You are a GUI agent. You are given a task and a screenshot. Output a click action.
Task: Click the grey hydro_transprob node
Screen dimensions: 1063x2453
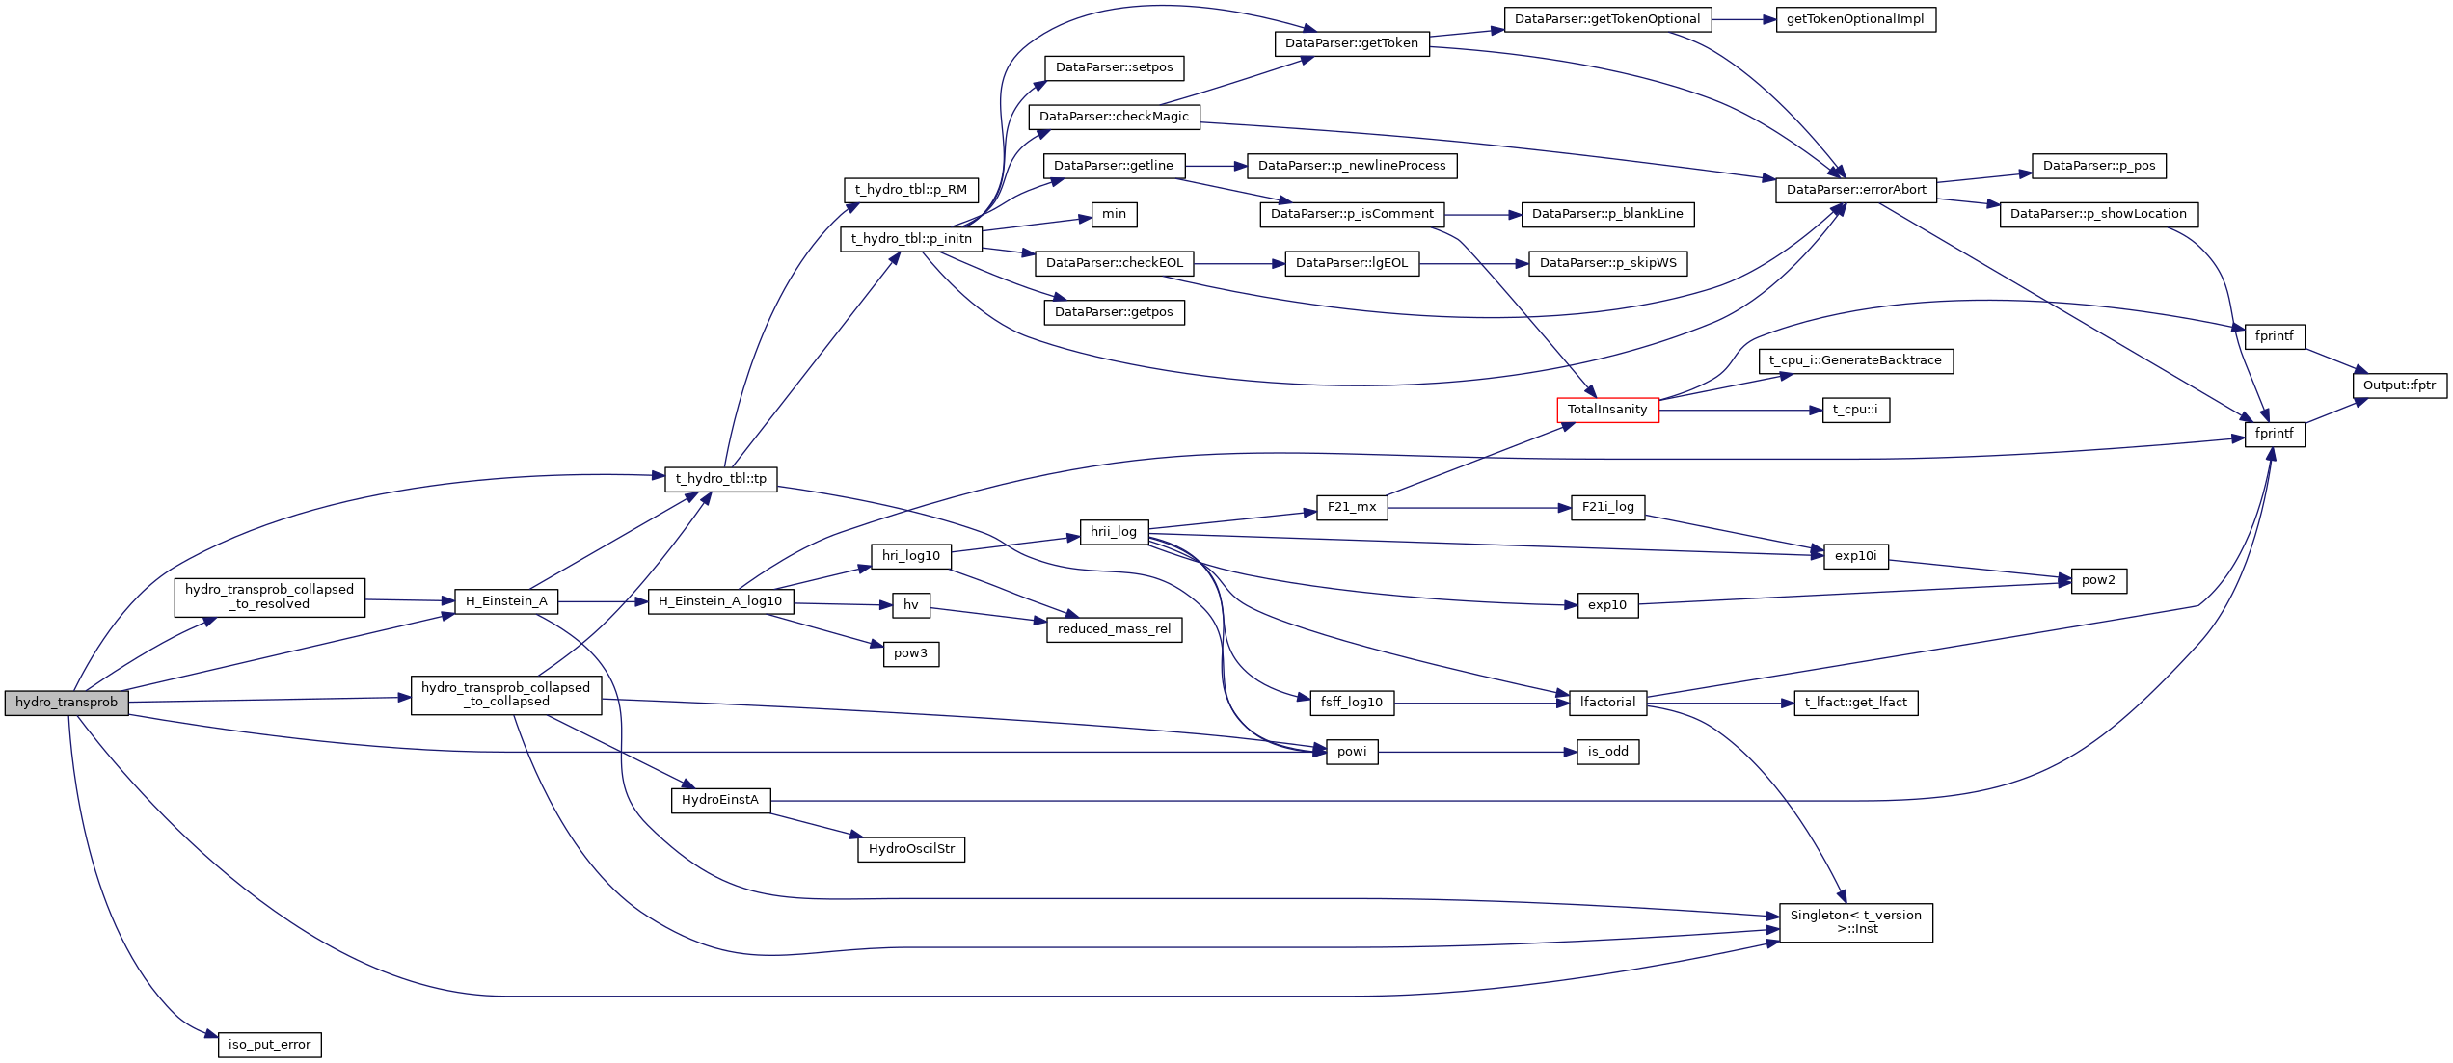(66, 703)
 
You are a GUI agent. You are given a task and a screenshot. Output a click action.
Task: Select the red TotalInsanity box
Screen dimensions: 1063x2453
(1607, 410)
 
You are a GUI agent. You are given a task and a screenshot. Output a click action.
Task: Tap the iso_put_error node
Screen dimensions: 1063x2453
(269, 1045)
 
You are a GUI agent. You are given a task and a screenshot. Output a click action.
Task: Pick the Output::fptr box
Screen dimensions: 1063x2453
(2399, 385)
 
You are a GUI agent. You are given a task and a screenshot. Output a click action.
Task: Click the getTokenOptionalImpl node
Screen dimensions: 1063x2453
(1855, 19)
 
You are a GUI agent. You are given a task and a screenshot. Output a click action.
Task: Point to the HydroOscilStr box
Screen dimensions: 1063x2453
(911, 849)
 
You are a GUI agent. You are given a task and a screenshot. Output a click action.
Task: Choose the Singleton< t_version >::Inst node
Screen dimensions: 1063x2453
(1855, 922)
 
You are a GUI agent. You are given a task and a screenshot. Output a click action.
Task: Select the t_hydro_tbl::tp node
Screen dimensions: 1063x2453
(720, 479)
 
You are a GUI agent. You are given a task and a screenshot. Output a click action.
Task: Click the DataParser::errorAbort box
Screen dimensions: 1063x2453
(1855, 190)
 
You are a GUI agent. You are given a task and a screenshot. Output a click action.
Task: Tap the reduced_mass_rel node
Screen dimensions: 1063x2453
(1114, 629)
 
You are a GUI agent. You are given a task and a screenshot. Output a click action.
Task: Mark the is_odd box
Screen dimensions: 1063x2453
(1607, 752)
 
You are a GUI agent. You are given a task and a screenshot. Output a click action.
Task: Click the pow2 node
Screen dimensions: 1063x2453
(2098, 580)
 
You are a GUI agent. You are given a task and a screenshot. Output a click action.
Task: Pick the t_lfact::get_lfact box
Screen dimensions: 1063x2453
(1855, 703)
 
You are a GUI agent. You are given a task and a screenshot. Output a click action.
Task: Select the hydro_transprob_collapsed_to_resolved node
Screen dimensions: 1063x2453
(269, 598)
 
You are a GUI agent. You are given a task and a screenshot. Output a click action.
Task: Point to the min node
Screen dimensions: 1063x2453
(1114, 214)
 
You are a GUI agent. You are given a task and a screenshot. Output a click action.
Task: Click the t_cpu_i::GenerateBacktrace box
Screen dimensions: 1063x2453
(1855, 360)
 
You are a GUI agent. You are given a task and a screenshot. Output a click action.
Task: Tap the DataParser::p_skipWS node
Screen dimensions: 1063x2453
(1607, 263)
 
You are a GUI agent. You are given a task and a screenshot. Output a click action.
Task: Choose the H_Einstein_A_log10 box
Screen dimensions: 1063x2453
(720, 601)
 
